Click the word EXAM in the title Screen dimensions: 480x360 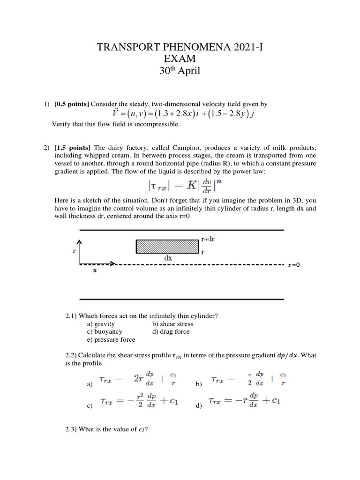tap(180, 59)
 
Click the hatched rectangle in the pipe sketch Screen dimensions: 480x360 tap(167, 247)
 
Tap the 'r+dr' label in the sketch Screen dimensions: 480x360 tap(208, 239)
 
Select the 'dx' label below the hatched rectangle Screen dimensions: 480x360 tap(167, 258)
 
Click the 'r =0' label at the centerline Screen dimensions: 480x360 tap(294, 265)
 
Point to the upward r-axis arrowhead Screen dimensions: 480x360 tap(80, 241)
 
